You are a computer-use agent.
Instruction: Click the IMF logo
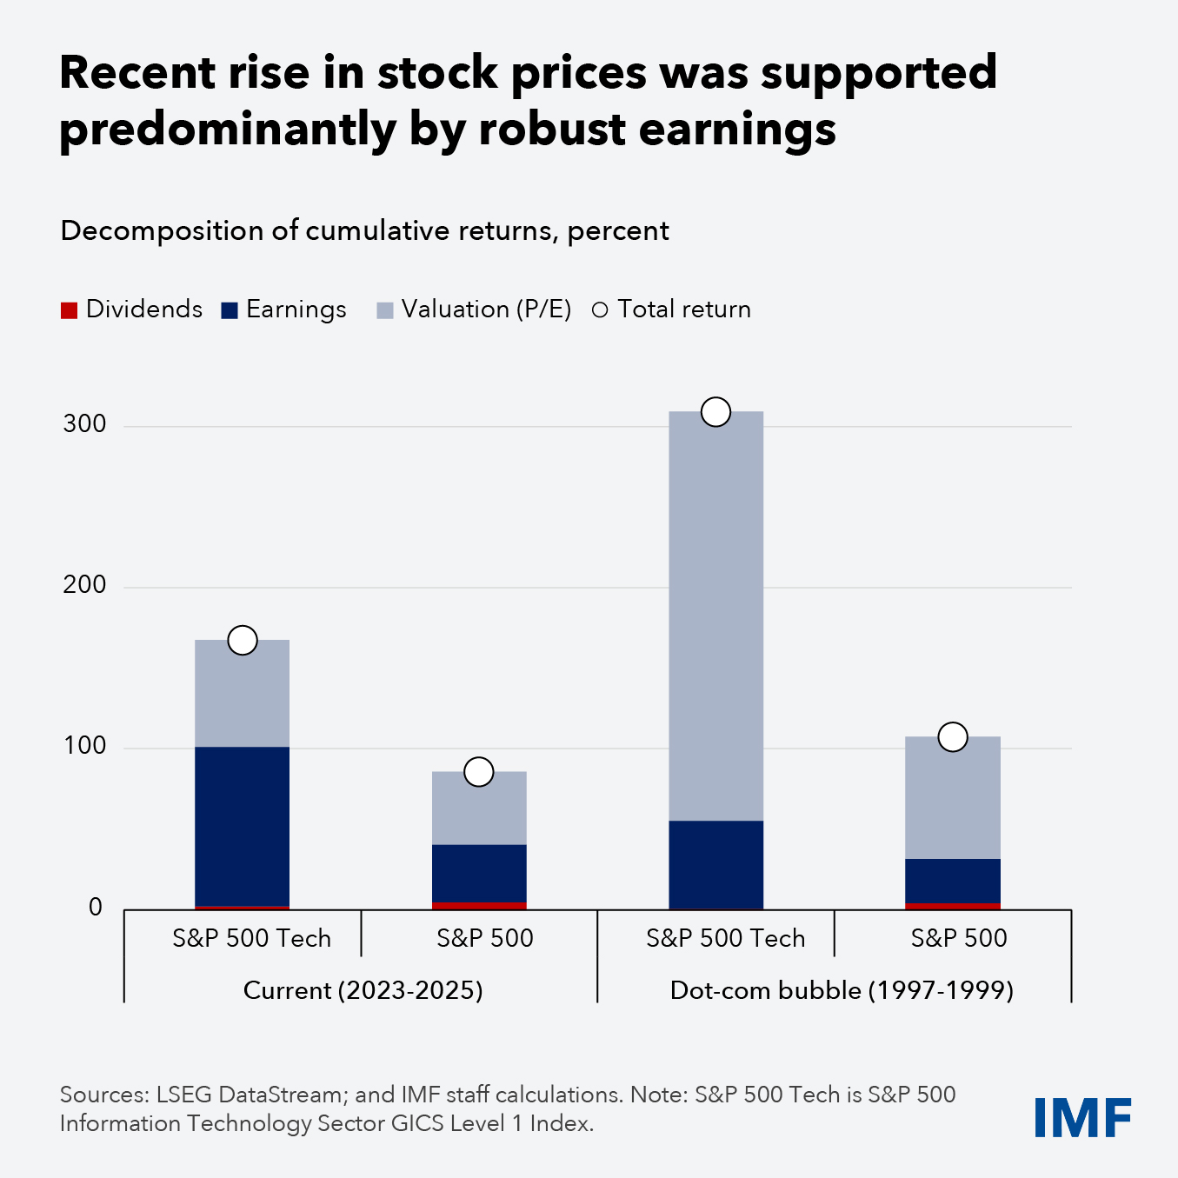[x=1082, y=1117]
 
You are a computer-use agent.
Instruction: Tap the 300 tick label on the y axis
[x=84, y=424]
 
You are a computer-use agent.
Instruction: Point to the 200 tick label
[x=84, y=585]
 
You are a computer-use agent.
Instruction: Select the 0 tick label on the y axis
[x=95, y=908]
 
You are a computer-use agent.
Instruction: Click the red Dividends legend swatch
[x=69, y=310]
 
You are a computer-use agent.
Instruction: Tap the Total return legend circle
[x=600, y=310]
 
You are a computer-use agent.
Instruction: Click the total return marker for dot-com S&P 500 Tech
[x=715, y=412]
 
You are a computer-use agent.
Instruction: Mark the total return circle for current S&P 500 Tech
[x=243, y=641]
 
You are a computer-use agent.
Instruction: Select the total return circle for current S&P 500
[x=479, y=771]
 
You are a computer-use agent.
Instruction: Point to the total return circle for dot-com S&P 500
[x=953, y=736]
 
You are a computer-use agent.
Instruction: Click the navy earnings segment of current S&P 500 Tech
[x=242, y=826]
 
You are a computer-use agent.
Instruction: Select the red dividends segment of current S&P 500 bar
[x=479, y=905]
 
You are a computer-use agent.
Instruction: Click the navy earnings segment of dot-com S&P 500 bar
[x=953, y=881]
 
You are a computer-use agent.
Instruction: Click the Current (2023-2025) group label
[x=363, y=990]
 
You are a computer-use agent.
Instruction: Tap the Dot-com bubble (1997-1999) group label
[x=842, y=990]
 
